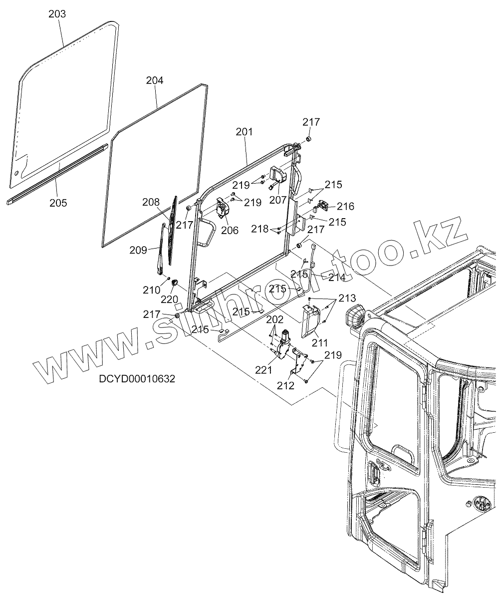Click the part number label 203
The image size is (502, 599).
[57, 14]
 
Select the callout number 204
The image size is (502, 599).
[155, 80]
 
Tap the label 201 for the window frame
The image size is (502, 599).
[244, 132]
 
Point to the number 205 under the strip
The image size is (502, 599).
[58, 203]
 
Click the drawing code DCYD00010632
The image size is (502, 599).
[137, 379]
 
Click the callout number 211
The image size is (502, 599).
[320, 343]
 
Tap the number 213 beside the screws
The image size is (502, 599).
[347, 299]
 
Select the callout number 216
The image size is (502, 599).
[345, 206]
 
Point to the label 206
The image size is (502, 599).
[230, 230]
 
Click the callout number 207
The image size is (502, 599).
[277, 200]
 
